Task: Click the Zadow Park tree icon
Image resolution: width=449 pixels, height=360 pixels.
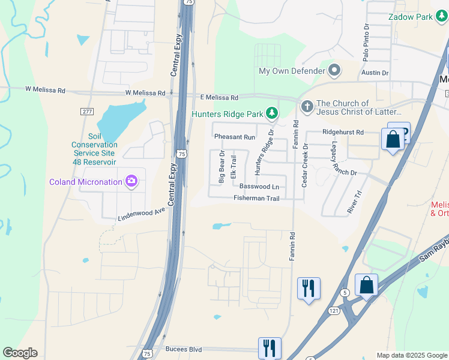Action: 442,17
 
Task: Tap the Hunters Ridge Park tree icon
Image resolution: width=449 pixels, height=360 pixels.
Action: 272,113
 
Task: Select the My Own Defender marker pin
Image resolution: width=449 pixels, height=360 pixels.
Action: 334,71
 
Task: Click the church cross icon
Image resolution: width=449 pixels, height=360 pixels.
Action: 307,107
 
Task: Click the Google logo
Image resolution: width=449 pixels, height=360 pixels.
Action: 20,353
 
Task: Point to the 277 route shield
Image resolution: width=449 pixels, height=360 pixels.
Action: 86,111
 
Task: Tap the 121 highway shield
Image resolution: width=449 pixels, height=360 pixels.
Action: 334,311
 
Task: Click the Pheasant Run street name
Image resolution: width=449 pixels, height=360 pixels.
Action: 235,137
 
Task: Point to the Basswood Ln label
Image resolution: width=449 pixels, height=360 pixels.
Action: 259,187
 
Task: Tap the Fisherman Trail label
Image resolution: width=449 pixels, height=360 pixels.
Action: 256,198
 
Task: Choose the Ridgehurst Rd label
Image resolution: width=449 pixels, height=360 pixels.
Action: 343,132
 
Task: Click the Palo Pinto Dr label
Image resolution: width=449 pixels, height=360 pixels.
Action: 366,43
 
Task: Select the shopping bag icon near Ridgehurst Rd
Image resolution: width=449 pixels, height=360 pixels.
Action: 393,140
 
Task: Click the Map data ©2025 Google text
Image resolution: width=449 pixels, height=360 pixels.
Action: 412,355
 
